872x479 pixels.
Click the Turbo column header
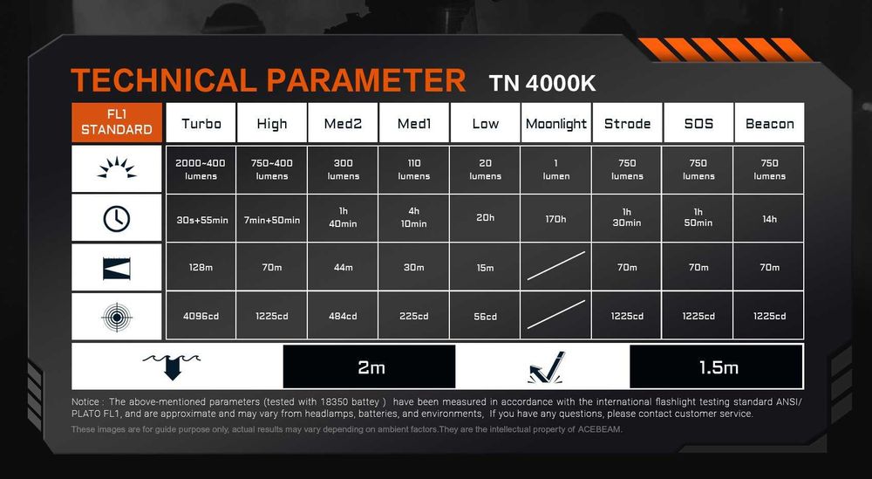tap(201, 123)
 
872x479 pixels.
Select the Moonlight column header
tap(555, 123)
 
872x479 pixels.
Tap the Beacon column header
tap(769, 123)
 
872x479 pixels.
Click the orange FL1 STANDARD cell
tap(117, 122)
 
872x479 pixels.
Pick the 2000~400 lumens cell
tap(201, 169)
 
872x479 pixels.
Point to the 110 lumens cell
tap(413, 169)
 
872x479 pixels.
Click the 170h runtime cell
tap(555, 219)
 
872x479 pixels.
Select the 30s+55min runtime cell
tap(201, 219)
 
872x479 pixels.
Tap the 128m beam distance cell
tap(201, 267)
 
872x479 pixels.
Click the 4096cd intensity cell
tap(201, 316)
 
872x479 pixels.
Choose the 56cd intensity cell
tap(485, 316)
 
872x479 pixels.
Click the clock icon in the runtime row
tap(117, 219)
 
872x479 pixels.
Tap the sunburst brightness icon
tap(117, 168)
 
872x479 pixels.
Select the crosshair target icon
tap(117, 317)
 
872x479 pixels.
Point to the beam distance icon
tap(117, 268)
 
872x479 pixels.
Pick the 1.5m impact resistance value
tap(717, 367)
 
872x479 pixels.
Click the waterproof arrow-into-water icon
tap(172, 366)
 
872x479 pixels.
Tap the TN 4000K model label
tap(542, 84)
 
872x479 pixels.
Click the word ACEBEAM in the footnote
tap(600, 429)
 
